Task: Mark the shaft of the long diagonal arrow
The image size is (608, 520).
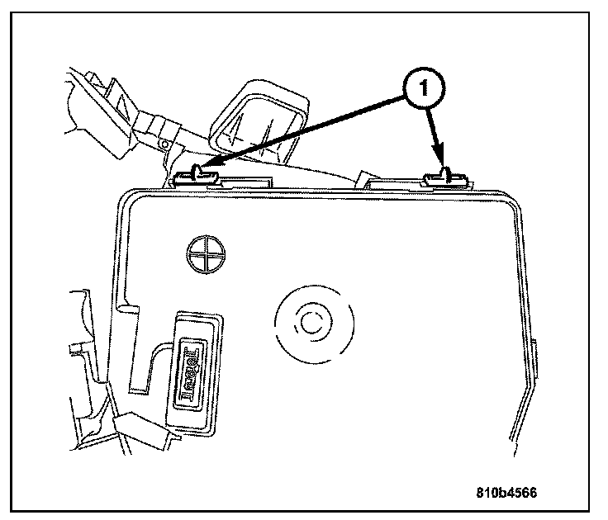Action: (x=306, y=130)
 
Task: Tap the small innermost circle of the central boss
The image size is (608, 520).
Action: (x=312, y=323)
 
